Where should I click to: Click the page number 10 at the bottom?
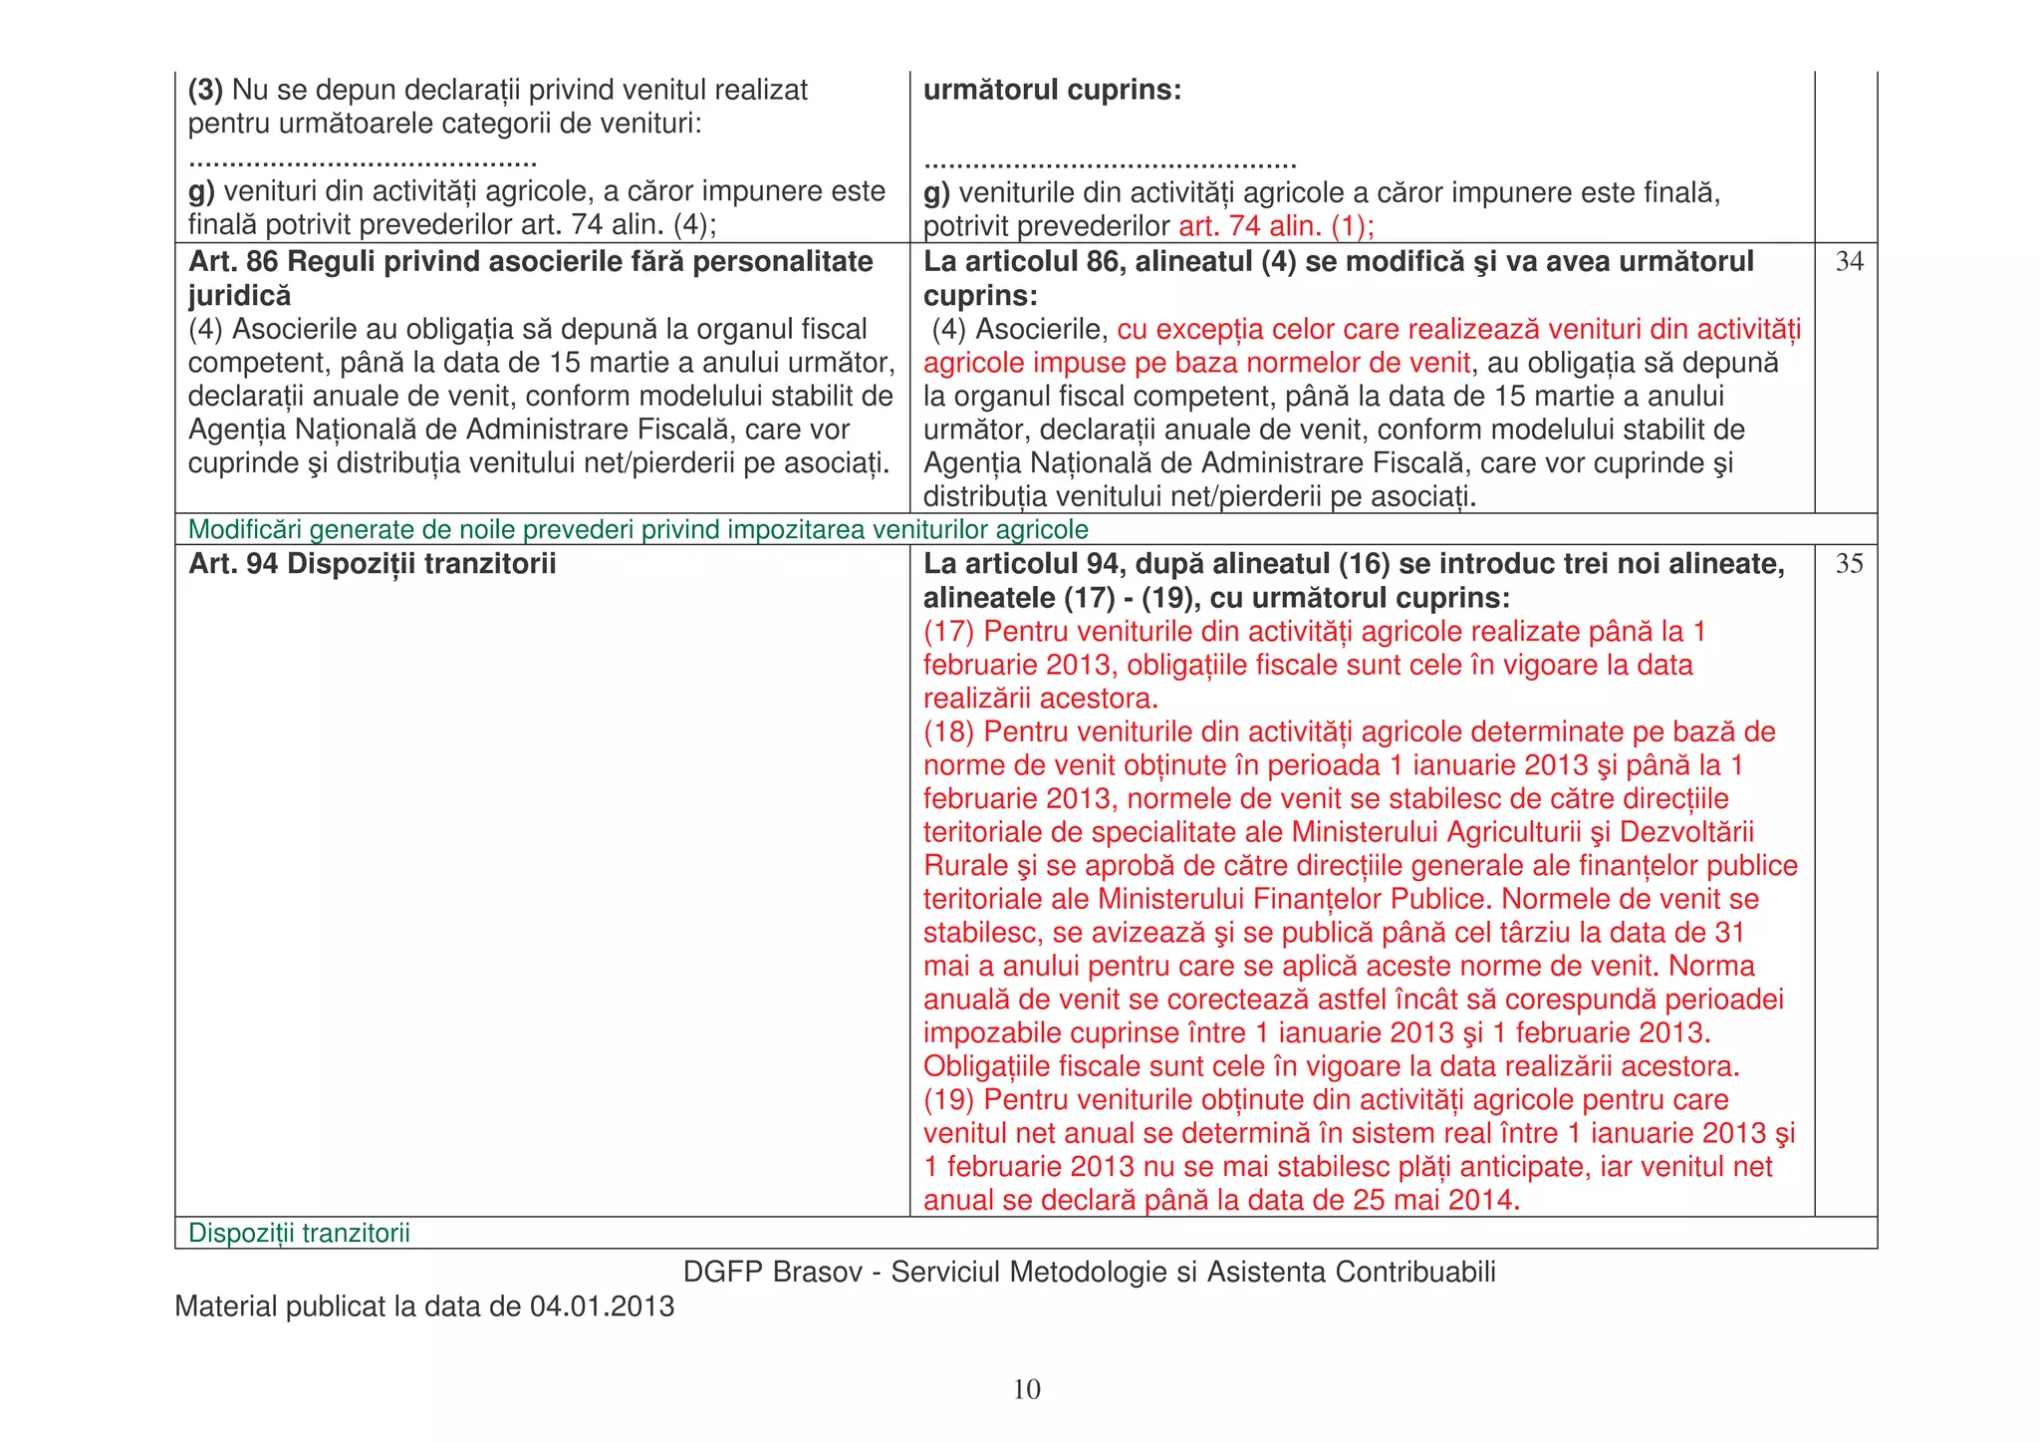pos(1026,1389)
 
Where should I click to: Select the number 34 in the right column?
pos(1849,262)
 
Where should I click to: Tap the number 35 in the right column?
pos(1849,564)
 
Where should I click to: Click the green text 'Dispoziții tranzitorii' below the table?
pos(299,1234)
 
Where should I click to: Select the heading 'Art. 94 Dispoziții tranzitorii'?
pos(372,564)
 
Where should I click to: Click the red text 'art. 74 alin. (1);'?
pos(1276,226)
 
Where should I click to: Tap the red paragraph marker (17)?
pos(948,632)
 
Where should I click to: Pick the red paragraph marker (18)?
pos(948,732)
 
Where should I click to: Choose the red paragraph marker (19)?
pos(948,1100)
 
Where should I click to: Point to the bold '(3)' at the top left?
pos(206,91)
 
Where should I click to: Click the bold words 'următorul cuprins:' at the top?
pos(1052,91)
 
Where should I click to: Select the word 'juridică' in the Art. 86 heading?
pos(239,296)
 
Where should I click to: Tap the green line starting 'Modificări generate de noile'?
pos(637,530)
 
